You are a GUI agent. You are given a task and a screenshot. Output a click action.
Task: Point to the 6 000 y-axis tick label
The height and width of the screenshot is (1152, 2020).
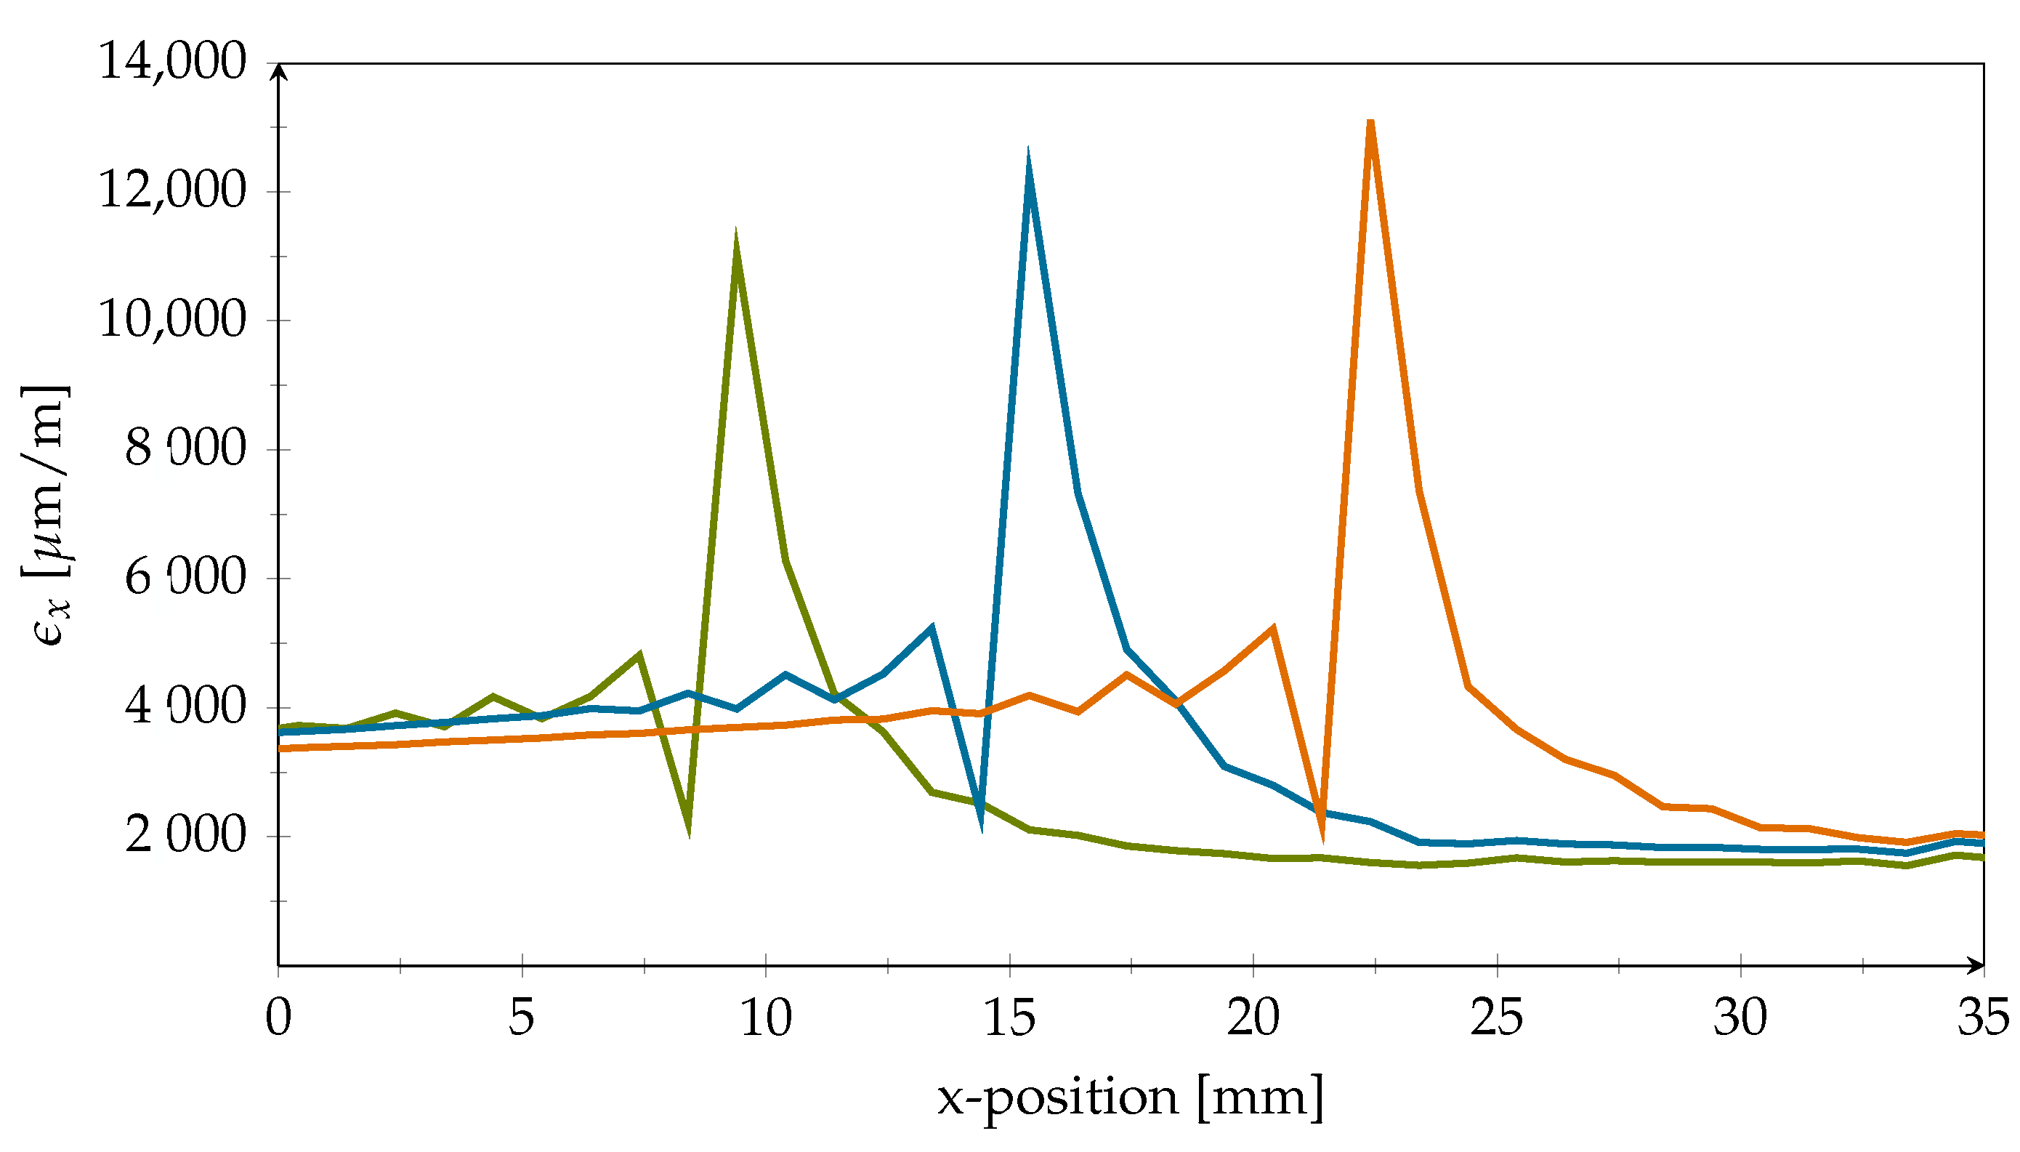(x=185, y=577)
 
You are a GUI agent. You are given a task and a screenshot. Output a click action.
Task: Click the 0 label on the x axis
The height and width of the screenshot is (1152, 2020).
(x=278, y=1018)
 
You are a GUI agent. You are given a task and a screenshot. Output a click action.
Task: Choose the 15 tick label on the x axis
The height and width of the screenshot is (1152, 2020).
(x=1009, y=1018)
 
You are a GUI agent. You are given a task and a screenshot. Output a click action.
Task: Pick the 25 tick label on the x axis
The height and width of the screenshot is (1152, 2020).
(x=1495, y=1018)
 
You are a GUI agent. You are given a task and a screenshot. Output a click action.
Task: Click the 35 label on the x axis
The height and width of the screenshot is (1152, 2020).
(x=1983, y=1018)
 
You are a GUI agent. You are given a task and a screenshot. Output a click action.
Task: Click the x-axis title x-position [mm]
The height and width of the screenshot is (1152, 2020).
(x=1130, y=1097)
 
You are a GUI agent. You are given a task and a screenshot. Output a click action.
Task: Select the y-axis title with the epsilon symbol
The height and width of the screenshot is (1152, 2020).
(x=46, y=516)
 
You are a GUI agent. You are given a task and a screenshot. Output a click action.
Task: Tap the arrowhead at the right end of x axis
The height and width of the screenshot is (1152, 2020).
(x=1976, y=965)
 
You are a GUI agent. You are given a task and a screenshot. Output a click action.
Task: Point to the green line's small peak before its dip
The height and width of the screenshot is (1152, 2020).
(x=639, y=654)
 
